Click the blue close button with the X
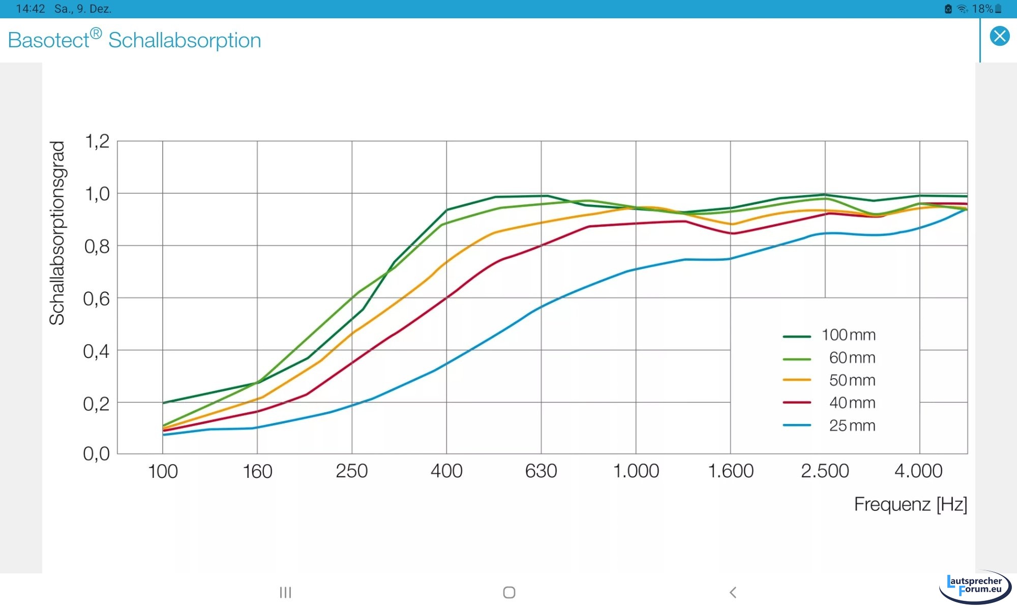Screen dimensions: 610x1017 click(x=999, y=36)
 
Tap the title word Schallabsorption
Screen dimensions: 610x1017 click(x=185, y=40)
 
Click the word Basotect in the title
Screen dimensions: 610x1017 click(x=49, y=40)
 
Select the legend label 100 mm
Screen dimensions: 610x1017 click(x=848, y=335)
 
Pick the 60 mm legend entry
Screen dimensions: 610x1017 click(x=852, y=358)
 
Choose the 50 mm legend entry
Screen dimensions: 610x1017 click(x=852, y=380)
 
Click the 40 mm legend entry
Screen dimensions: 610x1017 click(x=852, y=403)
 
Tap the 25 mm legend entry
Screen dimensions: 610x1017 click(x=852, y=425)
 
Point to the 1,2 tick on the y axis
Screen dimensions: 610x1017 click(x=97, y=141)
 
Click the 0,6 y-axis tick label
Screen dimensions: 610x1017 click(x=97, y=299)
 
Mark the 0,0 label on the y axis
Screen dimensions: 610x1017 click(x=97, y=453)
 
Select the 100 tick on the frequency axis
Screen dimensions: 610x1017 click(x=163, y=471)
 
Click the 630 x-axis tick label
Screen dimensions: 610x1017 click(x=541, y=471)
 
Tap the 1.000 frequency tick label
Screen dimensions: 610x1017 click(x=636, y=471)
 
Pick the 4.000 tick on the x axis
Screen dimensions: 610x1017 click(x=918, y=471)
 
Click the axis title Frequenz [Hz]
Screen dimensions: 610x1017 click(x=910, y=504)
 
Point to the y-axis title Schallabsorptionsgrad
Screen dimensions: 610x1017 click(x=57, y=233)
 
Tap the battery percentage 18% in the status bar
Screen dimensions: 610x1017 click(x=982, y=9)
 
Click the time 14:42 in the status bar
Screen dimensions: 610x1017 click(x=31, y=9)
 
